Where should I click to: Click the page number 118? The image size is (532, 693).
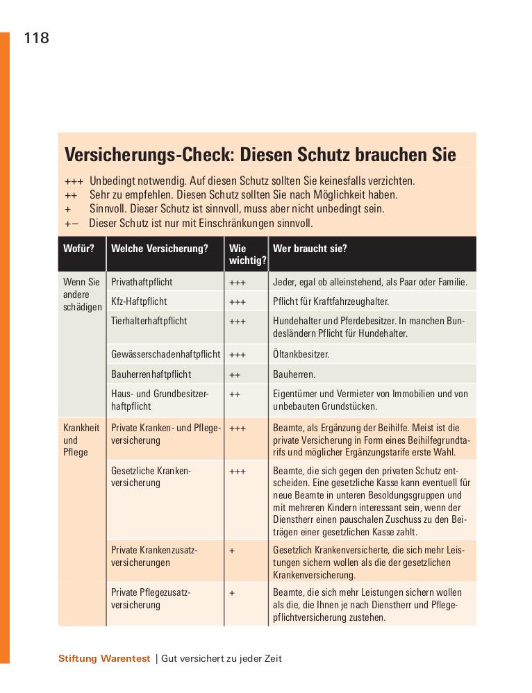tap(36, 38)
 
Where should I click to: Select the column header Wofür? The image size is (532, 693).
tap(78, 248)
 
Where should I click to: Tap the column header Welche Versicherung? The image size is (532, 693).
tap(160, 248)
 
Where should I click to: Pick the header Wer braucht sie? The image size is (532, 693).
tap(310, 248)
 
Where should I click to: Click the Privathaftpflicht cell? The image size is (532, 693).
tap(142, 282)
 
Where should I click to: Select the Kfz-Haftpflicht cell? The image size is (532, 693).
tap(139, 301)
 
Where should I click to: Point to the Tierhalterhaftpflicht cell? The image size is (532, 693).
tap(149, 321)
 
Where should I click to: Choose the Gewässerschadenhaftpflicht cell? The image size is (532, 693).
tap(165, 354)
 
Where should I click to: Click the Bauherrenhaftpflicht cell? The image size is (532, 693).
tap(151, 374)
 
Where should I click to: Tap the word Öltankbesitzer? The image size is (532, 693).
tap(301, 354)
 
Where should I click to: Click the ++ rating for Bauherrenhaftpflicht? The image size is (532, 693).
tap(235, 374)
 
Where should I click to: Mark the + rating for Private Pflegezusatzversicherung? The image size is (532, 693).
tap(232, 593)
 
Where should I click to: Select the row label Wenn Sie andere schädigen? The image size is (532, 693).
tap(82, 294)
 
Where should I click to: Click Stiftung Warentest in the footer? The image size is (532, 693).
tap(104, 659)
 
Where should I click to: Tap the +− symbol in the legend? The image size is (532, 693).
tap(72, 224)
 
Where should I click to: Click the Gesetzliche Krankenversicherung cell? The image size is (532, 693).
tap(151, 476)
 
